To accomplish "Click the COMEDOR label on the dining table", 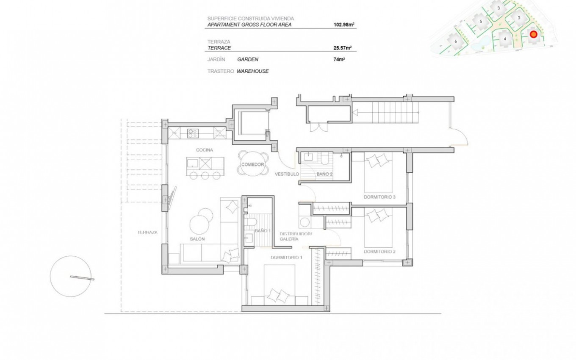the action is point(252,164).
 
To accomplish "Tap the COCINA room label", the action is point(205,150).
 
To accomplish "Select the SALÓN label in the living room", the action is point(197,239).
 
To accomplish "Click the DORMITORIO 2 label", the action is point(379,252).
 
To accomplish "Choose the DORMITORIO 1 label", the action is point(286,258).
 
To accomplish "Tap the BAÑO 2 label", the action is point(324,174).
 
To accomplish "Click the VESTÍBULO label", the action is point(287,174).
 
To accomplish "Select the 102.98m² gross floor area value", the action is point(344,25).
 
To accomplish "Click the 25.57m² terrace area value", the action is point(343,48).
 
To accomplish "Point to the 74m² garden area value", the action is point(339,59).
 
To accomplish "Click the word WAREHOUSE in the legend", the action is point(252,71).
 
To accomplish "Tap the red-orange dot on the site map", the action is point(534,34).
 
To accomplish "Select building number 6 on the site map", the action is point(456,42).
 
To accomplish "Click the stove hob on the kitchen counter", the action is point(193,133).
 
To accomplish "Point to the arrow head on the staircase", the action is point(355,112).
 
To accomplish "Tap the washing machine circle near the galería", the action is point(305,222).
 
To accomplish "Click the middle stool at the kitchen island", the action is point(205,175).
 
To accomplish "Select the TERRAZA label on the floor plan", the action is point(147,232).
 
